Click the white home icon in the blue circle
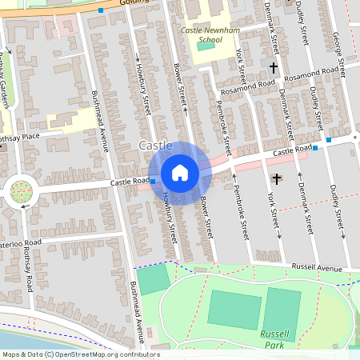pos(180,173)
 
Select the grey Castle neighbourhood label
pos(155,146)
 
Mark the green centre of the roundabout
pos(21,192)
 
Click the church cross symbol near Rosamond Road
pos(273,68)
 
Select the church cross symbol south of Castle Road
pos(278,178)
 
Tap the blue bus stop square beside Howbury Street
pos(153,182)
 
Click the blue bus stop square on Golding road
pos(102,10)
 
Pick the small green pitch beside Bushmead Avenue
pos(154,278)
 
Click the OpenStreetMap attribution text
pos(80,354)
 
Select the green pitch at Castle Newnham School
pos(206,46)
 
